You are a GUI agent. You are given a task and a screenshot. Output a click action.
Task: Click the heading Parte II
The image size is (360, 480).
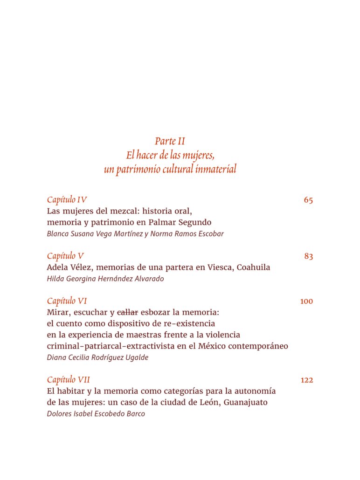coord(170,141)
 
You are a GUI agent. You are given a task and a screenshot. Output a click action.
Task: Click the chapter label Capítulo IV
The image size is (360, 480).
coord(67,200)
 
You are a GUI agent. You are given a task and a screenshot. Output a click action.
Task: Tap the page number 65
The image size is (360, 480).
coord(308,200)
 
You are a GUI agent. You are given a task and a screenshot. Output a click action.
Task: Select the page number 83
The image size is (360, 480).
coord(308,256)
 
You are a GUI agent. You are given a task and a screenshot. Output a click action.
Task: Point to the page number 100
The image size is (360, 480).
coord(306,302)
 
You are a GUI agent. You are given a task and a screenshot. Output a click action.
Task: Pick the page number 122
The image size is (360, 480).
coord(306,380)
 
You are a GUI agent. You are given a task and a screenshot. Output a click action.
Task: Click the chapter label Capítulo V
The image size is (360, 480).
coord(65,256)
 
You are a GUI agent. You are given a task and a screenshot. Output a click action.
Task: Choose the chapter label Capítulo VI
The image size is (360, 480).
coord(67,301)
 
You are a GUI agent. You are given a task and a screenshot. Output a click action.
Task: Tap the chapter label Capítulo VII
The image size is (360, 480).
coord(69,380)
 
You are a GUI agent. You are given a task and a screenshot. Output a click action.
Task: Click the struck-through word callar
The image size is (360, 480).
coord(127,312)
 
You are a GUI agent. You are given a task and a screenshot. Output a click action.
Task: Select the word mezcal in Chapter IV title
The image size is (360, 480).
coord(118,211)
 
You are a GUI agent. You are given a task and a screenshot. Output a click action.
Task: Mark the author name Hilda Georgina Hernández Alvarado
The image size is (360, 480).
coord(105,279)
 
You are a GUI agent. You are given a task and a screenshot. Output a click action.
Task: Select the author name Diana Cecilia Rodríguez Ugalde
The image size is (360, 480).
coord(97,357)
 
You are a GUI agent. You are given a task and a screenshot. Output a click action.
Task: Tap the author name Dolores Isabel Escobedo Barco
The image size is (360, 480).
coord(96,414)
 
